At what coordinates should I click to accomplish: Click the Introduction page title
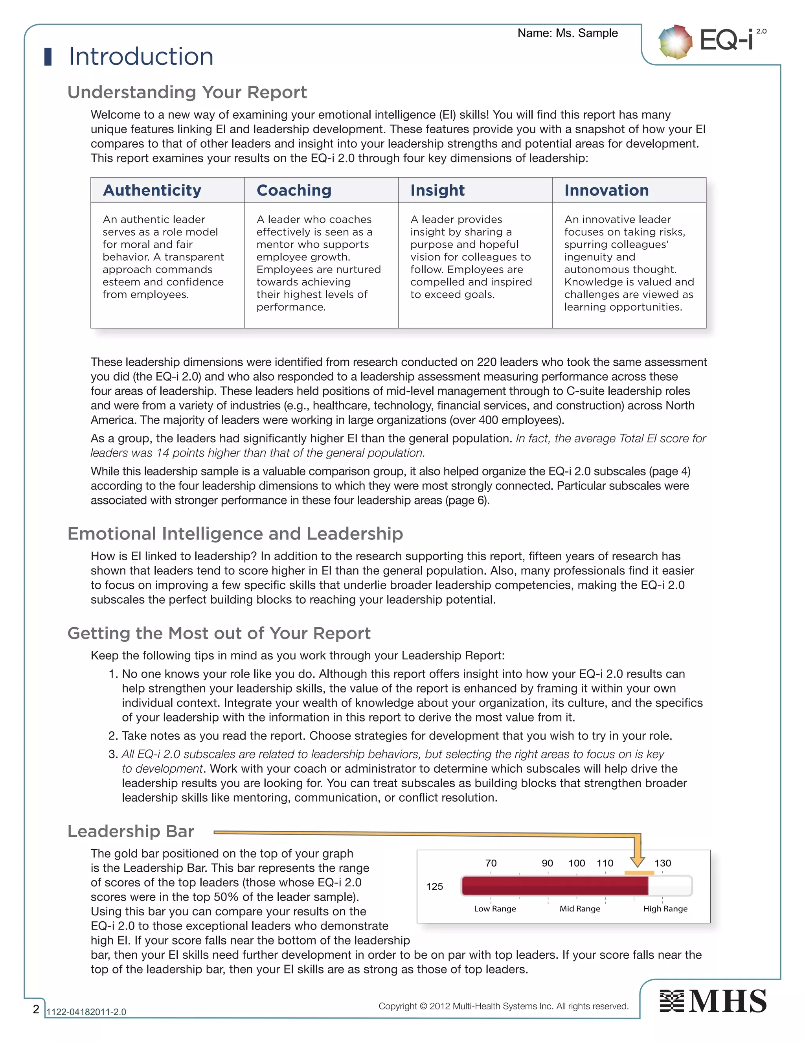(x=141, y=56)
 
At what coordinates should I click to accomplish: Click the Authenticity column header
(x=152, y=190)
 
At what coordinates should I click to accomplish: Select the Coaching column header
(x=294, y=190)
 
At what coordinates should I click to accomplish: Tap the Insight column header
(x=437, y=190)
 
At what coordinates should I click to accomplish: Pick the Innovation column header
(x=606, y=190)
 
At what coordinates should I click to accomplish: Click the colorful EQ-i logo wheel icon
(x=675, y=42)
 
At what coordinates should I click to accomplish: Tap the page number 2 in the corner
(x=36, y=1009)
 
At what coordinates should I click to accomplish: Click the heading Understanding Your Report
(x=187, y=92)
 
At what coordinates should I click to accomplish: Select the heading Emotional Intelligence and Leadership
(x=235, y=534)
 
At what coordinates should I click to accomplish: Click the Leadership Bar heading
(x=130, y=831)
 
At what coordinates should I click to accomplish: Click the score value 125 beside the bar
(x=434, y=886)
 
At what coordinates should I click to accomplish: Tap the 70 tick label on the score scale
(x=491, y=863)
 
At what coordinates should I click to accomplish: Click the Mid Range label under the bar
(x=579, y=909)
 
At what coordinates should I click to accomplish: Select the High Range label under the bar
(x=665, y=909)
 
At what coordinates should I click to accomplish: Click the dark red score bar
(x=553, y=886)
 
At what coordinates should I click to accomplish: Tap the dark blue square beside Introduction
(x=48, y=56)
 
